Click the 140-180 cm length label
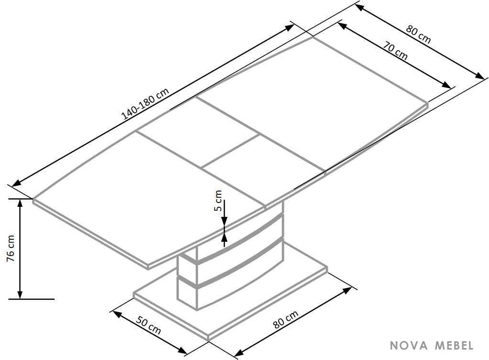coord(146,104)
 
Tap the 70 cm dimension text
coord(395,51)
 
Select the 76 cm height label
coord(11,248)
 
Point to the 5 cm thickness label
coord(218,201)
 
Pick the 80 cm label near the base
coord(286,319)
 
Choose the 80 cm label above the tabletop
coord(419,34)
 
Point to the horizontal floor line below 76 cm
coord(32,299)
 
